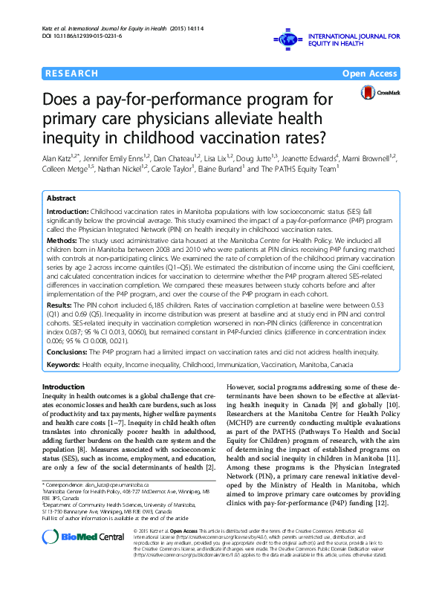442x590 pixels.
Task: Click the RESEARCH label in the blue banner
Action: click(x=71, y=74)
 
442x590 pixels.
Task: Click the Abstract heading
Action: click(x=61, y=199)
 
